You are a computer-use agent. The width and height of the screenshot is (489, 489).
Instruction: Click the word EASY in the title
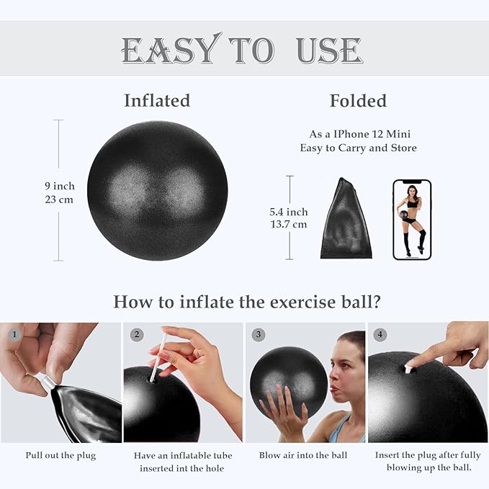click(x=169, y=50)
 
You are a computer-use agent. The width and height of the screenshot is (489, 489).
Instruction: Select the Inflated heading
click(x=157, y=100)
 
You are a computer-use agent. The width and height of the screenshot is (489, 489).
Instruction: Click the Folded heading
click(x=358, y=100)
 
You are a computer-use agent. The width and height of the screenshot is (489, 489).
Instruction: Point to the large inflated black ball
click(x=157, y=190)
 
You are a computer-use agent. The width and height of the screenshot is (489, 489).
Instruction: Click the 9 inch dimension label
click(x=60, y=186)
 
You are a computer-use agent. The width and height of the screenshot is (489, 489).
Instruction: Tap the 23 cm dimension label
click(x=60, y=199)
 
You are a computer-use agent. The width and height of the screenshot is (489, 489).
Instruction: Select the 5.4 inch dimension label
click(x=288, y=212)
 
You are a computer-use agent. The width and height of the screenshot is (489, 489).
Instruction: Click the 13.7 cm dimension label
click(x=288, y=224)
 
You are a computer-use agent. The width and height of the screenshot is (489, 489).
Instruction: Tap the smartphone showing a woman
click(x=412, y=219)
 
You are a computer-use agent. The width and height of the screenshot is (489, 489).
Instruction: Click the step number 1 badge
click(x=12, y=334)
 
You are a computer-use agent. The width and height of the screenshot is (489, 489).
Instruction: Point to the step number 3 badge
click(x=258, y=334)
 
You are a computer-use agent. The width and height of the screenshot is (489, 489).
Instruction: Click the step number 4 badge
click(x=380, y=334)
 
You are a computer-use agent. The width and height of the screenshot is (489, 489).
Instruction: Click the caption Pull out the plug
click(x=60, y=455)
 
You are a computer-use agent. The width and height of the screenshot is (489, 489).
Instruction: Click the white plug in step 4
click(x=408, y=369)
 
